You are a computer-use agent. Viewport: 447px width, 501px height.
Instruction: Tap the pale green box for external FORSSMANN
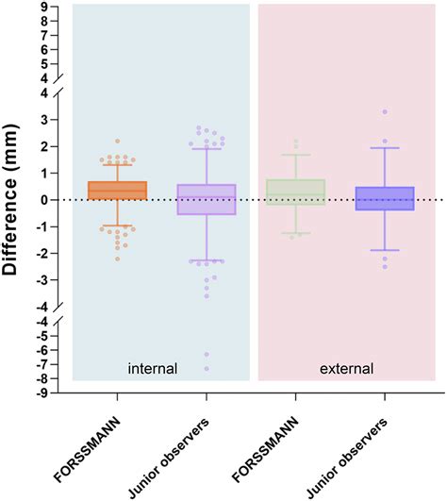pos(296,192)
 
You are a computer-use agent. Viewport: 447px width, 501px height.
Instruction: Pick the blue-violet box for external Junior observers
pos(385,198)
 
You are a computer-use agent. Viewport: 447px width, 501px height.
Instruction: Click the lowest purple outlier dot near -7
pos(207,368)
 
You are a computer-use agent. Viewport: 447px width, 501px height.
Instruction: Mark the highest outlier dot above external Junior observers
pos(385,111)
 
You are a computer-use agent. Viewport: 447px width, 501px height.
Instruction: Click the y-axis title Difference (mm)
pos(13,200)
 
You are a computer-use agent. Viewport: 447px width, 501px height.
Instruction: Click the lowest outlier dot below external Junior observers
pos(385,266)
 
